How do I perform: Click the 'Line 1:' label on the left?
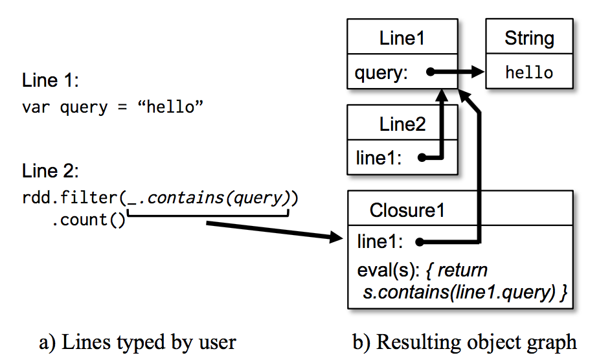pyautogui.click(x=49, y=81)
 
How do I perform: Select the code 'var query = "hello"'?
pyautogui.click(x=113, y=107)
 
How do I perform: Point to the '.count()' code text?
pyautogui.click(x=88, y=219)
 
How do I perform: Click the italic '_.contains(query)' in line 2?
pyautogui.click(x=210, y=197)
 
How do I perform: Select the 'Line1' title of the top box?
pyautogui.click(x=402, y=38)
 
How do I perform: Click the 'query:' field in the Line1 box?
pyautogui.click(x=381, y=73)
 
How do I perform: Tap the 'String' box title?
pyautogui.click(x=529, y=38)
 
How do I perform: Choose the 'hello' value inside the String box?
pyautogui.click(x=529, y=73)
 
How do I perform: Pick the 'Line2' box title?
pyautogui.click(x=402, y=124)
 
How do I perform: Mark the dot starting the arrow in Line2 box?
pyautogui.click(x=422, y=157)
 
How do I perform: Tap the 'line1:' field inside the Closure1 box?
pyautogui.click(x=380, y=242)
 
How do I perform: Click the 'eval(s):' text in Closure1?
pyautogui.click(x=386, y=269)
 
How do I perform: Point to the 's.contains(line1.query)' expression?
pyautogui.click(x=457, y=293)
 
